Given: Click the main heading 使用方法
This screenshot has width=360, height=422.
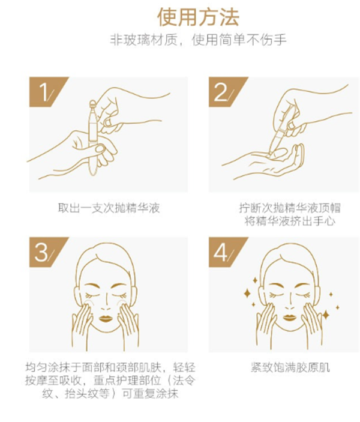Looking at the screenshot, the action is pos(198,17).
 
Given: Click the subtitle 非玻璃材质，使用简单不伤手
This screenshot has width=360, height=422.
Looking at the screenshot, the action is pos(198,40).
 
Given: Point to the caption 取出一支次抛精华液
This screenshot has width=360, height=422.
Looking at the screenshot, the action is pos(109,208).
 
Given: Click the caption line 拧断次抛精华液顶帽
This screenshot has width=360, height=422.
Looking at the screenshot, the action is pos(290,208).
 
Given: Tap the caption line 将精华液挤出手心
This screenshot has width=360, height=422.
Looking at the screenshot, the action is pos(290,222).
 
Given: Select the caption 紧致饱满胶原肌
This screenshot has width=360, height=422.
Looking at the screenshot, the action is pos(290,367).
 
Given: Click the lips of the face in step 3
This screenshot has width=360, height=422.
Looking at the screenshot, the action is pos(106,318).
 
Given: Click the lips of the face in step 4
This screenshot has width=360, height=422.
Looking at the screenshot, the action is pos(289,318).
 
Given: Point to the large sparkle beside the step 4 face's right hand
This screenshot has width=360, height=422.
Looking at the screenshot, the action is pos(326,315).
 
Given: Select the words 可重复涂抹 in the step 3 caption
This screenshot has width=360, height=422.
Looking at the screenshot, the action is pos(150,394).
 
